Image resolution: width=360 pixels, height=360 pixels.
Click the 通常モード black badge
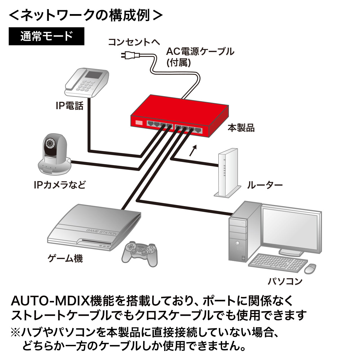(x=46, y=36)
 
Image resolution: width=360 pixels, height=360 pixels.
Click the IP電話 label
(x=69, y=106)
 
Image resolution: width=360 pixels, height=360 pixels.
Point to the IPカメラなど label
(x=60, y=185)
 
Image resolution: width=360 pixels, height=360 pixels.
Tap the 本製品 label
(x=241, y=128)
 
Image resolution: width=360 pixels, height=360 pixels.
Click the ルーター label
(x=264, y=185)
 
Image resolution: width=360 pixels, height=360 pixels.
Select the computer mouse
(x=310, y=268)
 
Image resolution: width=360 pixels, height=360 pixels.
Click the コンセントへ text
(x=134, y=42)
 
